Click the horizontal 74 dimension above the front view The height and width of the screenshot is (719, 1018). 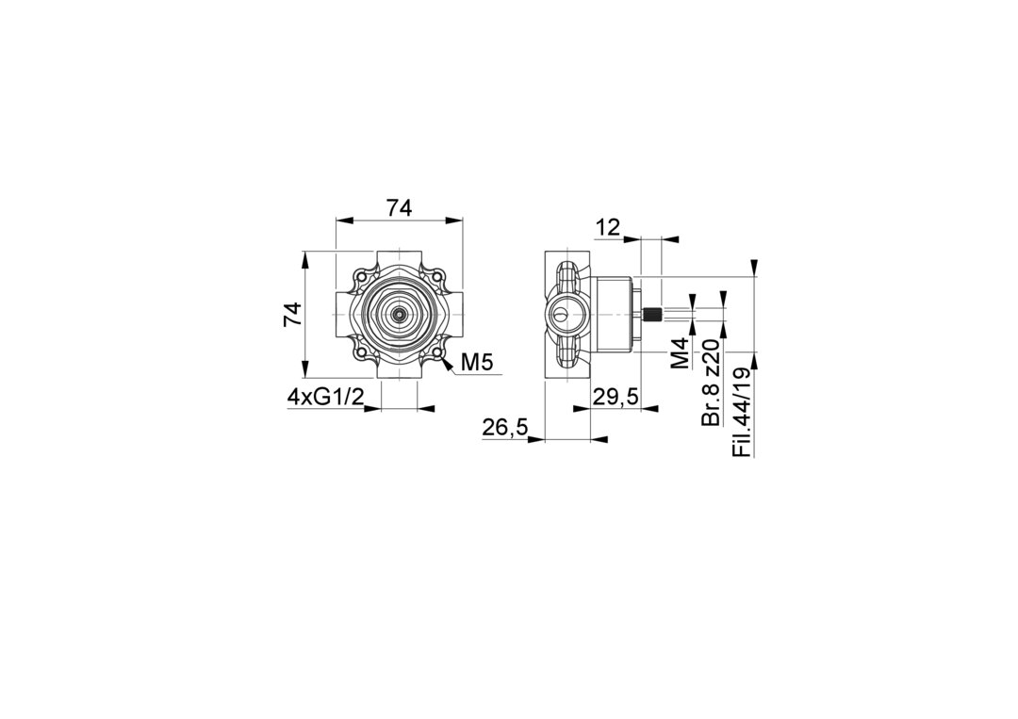[x=400, y=208]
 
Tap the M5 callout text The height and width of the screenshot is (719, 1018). [x=477, y=364]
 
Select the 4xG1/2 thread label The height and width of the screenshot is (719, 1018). [x=325, y=397]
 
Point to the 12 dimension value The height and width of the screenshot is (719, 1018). [x=608, y=228]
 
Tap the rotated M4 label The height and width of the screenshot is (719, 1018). [x=680, y=353]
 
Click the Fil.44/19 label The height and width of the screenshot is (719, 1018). [x=742, y=413]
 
